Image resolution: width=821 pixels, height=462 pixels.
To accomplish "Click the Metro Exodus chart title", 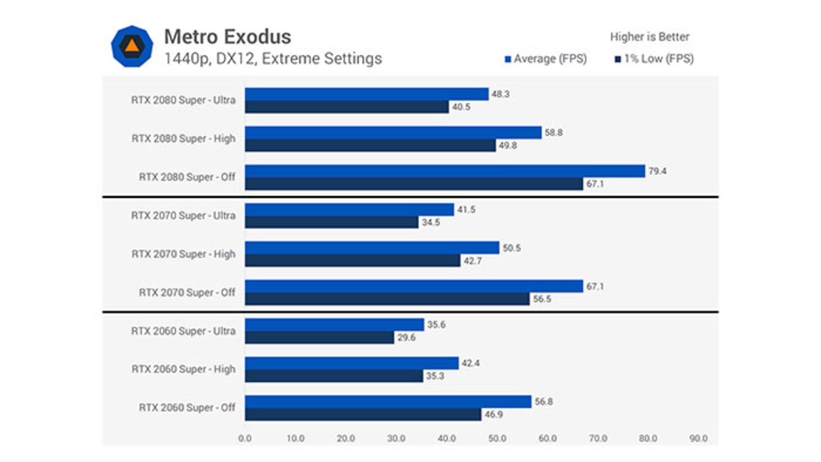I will [x=227, y=37].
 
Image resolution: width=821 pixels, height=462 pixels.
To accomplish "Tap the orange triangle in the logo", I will [x=132, y=45].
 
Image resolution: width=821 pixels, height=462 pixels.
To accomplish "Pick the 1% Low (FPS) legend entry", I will [x=654, y=59].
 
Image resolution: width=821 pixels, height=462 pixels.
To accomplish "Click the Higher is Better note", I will [x=649, y=37].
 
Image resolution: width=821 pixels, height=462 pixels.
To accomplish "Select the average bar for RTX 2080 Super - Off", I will [x=445, y=171].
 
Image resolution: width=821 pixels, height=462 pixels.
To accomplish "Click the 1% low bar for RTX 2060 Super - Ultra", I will [x=319, y=338].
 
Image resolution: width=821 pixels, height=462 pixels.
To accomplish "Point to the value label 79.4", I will [x=657, y=171].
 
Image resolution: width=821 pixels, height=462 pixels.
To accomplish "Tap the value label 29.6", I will [x=406, y=338].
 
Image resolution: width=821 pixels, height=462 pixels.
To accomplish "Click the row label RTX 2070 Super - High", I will [x=183, y=254].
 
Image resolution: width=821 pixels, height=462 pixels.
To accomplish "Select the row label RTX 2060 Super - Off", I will [x=187, y=408].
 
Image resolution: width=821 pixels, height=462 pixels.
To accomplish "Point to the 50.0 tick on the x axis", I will [x=497, y=438].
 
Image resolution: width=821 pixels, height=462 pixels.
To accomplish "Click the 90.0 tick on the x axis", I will [x=698, y=438].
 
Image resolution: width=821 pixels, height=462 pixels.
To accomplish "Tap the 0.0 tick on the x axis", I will [x=245, y=438].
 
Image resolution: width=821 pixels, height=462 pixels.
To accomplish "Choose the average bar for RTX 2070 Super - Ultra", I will [x=349, y=210].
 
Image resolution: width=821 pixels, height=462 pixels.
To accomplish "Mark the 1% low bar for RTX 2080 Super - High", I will [x=370, y=146].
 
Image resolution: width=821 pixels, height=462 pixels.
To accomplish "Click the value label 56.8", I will [x=543, y=402].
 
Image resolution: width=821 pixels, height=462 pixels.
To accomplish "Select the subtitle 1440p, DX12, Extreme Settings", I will [x=273, y=59].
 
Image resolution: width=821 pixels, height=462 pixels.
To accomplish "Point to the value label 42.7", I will [x=473, y=261].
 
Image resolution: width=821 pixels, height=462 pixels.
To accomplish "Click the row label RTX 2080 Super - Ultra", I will [x=183, y=100].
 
